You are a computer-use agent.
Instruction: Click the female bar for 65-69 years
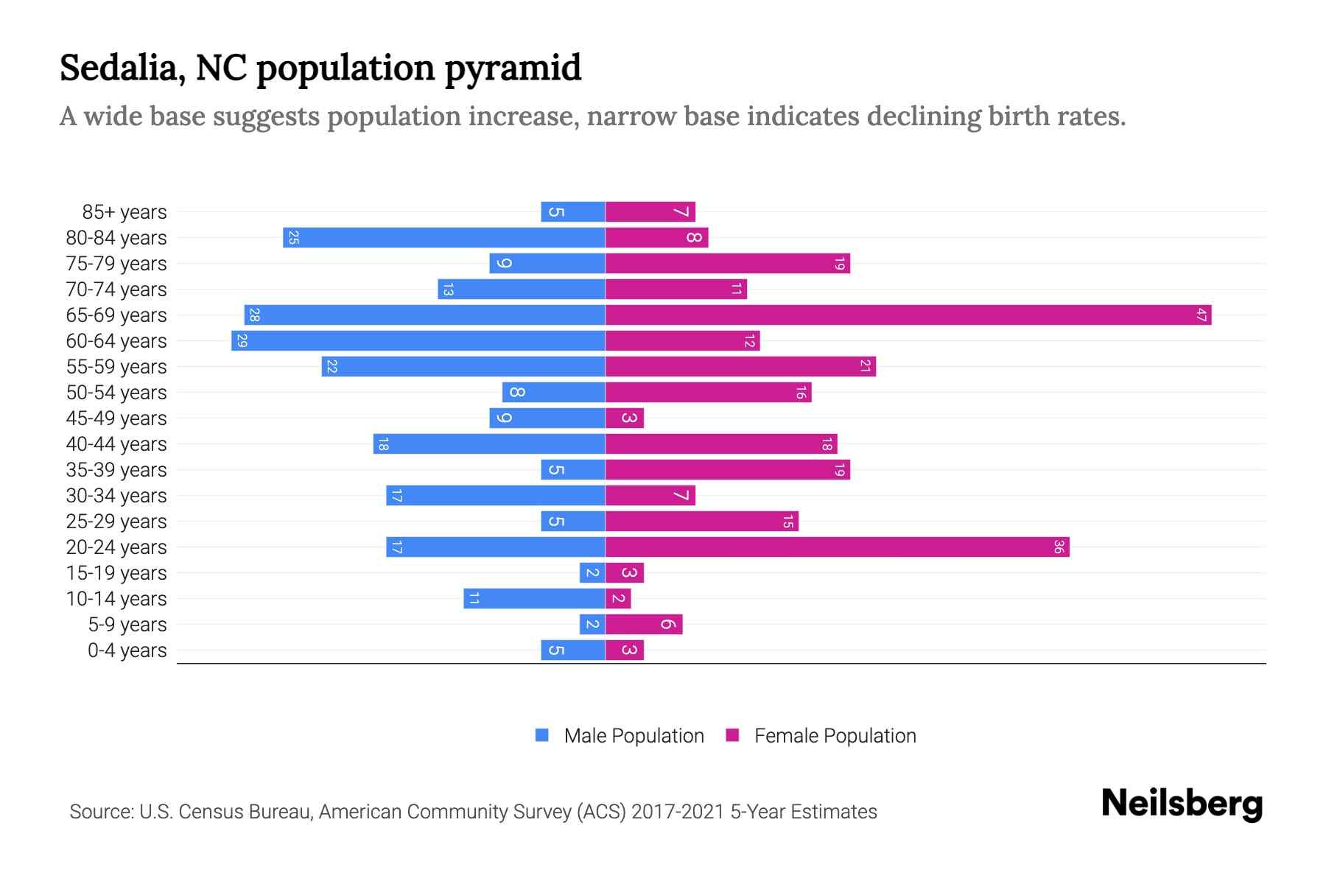click(x=908, y=315)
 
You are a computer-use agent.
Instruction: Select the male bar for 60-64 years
click(x=418, y=341)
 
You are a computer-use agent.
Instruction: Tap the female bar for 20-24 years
click(x=837, y=547)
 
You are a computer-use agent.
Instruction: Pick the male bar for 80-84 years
click(x=443, y=238)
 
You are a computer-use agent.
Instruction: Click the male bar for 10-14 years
click(x=534, y=599)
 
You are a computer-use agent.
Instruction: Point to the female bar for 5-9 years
click(x=644, y=625)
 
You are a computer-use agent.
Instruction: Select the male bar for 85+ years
click(x=572, y=212)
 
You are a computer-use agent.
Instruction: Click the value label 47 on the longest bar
click(x=1202, y=315)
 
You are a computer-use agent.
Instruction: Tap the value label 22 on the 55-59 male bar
click(x=331, y=367)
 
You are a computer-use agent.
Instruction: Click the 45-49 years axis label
click(x=116, y=418)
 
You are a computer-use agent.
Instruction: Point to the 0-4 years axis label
click(x=127, y=650)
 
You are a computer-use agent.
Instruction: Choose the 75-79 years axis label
click(x=116, y=264)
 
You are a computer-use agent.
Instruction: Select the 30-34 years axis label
click(x=116, y=496)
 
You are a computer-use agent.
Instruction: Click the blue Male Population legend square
click(x=542, y=735)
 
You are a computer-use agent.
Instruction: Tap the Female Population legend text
click(x=835, y=736)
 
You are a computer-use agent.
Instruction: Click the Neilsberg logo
click(x=1182, y=804)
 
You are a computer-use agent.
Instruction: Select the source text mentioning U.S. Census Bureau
click(x=473, y=812)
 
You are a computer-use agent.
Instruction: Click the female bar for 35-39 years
click(x=727, y=470)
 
